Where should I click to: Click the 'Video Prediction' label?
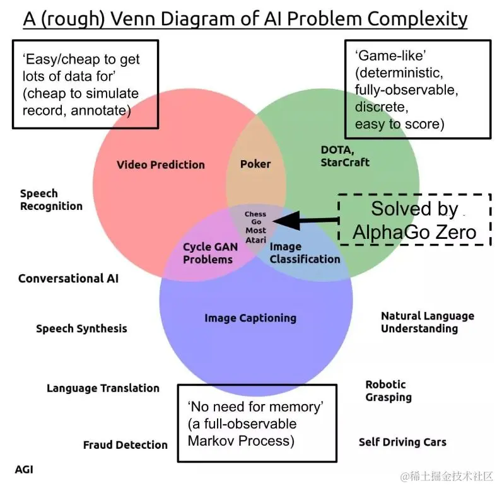tap(161, 165)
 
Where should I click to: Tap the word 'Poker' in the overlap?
tap(255, 164)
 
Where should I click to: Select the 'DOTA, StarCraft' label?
tap(345, 156)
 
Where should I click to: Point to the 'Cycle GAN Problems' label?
tap(208, 253)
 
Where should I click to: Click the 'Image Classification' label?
tap(305, 253)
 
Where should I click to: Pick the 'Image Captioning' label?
tap(250, 318)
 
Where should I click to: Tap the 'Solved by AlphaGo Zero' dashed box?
tap(414, 219)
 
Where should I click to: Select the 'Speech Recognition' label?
tap(51, 200)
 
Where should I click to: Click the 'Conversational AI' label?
tap(68, 278)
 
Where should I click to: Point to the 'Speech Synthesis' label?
tap(81, 328)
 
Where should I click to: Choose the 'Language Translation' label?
tap(103, 388)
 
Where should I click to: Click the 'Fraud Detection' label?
tap(126, 445)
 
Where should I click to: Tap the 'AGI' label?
tap(24, 470)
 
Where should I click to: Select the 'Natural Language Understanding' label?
tap(428, 322)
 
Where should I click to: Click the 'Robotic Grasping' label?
tap(389, 391)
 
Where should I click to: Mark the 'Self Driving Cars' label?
tap(402, 442)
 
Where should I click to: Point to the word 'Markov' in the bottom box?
tap(212, 440)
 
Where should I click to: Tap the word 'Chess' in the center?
tap(255, 214)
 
